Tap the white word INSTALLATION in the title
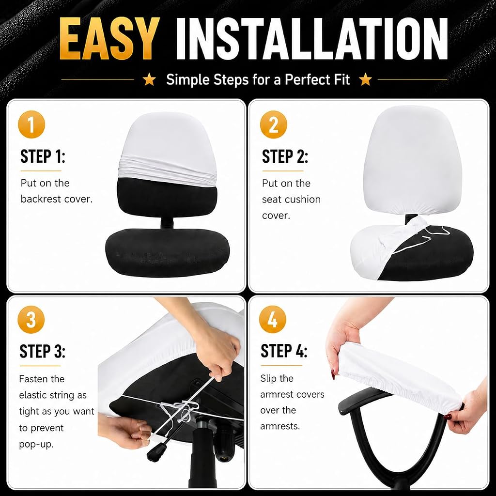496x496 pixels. [x=311, y=39]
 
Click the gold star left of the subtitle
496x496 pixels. [x=149, y=79]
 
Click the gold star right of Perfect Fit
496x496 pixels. [x=366, y=79]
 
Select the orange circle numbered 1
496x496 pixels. [x=31, y=124]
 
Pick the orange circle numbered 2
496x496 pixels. [x=273, y=124]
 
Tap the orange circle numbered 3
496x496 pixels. [x=31, y=320]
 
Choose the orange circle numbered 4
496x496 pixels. [x=272, y=320]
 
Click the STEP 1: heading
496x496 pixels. [x=43, y=156]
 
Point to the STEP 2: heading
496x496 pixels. [x=285, y=156]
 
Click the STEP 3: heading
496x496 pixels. [x=43, y=352]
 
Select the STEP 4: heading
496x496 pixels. [x=284, y=351]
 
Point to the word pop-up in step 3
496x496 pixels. [x=36, y=445]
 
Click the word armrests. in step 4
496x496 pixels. [x=280, y=426]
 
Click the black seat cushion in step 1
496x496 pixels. [x=167, y=252]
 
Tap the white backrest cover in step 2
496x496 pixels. [x=412, y=161]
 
